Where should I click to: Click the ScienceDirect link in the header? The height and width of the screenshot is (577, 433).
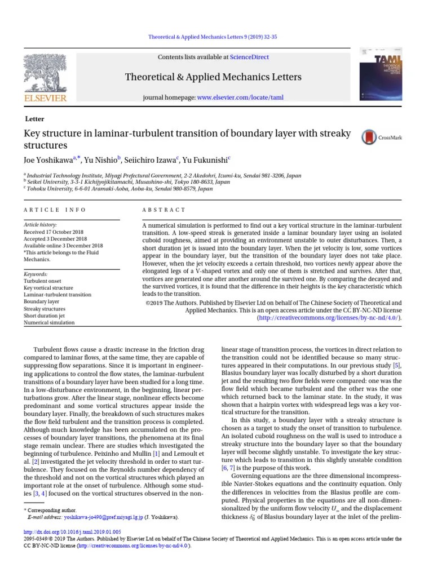click(x=249, y=57)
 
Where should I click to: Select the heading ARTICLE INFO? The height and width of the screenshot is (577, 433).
click(x=55, y=210)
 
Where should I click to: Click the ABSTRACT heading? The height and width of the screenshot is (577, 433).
click(x=164, y=210)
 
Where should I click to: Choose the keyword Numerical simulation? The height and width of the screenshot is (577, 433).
click(x=49, y=323)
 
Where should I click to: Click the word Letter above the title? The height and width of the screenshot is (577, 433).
click(x=35, y=119)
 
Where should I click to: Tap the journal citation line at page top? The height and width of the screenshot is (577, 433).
click(x=213, y=37)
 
